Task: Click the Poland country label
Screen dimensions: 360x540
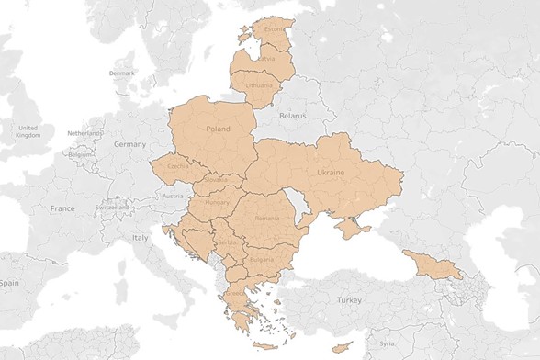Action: click(x=219, y=129)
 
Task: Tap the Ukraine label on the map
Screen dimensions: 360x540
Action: click(x=330, y=172)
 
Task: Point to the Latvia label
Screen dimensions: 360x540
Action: click(x=266, y=59)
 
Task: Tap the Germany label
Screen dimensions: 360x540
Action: click(x=129, y=145)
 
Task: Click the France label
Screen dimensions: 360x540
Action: click(x=62, y=209)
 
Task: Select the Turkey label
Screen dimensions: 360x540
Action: click(x=349, y=300)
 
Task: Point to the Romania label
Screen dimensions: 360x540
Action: click(x=267, y=219)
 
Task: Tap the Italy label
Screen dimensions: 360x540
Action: click(x=139, y=238)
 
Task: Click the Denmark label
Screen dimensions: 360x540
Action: click(x=121, y=73)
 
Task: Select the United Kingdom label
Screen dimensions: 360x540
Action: click(x=28, y=130)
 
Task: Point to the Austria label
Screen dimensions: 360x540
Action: click(x=171, y=196)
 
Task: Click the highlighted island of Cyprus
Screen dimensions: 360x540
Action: click(x=341, y=346)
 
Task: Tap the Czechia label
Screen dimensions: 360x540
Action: click(x=177, y=166)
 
